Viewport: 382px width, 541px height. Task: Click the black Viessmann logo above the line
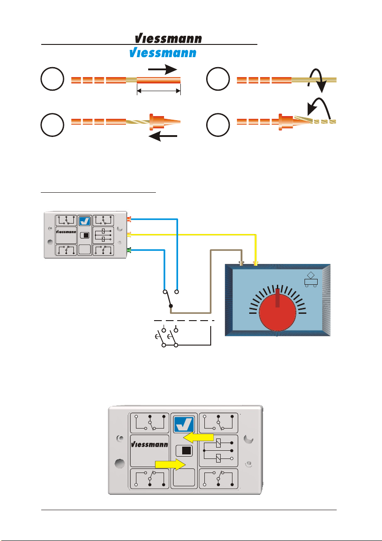(x=169, y=39)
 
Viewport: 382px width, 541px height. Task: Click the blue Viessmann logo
(x=163, y=53)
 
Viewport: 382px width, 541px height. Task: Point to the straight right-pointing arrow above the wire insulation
(x=162, y=69)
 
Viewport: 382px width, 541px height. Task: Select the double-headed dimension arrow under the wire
(x=159, y=91)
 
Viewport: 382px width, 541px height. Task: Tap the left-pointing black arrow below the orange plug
(x=163, y=136)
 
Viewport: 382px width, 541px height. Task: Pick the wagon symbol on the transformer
(x=311, y=279)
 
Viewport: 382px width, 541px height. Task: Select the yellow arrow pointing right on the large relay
(x=170, y=464)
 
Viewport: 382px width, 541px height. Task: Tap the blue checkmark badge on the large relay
(x=184, y=424)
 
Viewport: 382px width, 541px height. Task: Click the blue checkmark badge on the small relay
(x=84, y=221)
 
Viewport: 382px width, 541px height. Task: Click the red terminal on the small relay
(x=129, y=219)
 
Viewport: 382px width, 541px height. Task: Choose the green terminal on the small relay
(x=129, y=250)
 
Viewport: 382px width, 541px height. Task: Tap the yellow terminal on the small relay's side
(x=129, y=234)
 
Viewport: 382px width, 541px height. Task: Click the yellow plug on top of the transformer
(x=256, y=264)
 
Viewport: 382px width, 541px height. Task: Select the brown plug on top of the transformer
(x=242, y=264)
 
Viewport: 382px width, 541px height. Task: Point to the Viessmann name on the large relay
(x=149, y=444)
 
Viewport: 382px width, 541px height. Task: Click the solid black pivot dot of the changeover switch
(x=170, y=306)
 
